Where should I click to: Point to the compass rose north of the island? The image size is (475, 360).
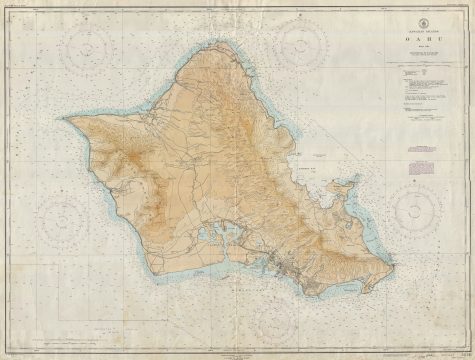(x=301, y=42)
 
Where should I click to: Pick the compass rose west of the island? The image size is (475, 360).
(x=63, y=218)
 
